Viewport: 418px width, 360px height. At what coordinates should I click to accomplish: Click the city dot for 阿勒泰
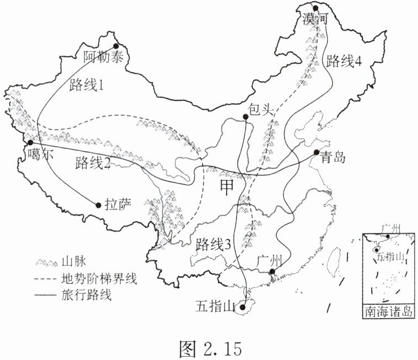[x=116, y=46]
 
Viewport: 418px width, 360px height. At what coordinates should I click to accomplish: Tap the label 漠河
[x=315, y=19]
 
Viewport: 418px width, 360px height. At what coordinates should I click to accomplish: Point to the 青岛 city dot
[x=317, y=152]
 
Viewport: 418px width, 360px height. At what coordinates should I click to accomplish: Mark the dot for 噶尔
[x=31, y=142]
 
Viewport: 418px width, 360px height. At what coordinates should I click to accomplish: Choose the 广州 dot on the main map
[x=271, y=272]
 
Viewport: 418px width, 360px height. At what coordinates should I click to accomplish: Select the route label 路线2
[x=93, y=163]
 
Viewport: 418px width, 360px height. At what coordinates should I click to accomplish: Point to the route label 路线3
[x=212, y=245]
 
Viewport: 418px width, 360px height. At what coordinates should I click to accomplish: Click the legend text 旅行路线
[x=87, y=295]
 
